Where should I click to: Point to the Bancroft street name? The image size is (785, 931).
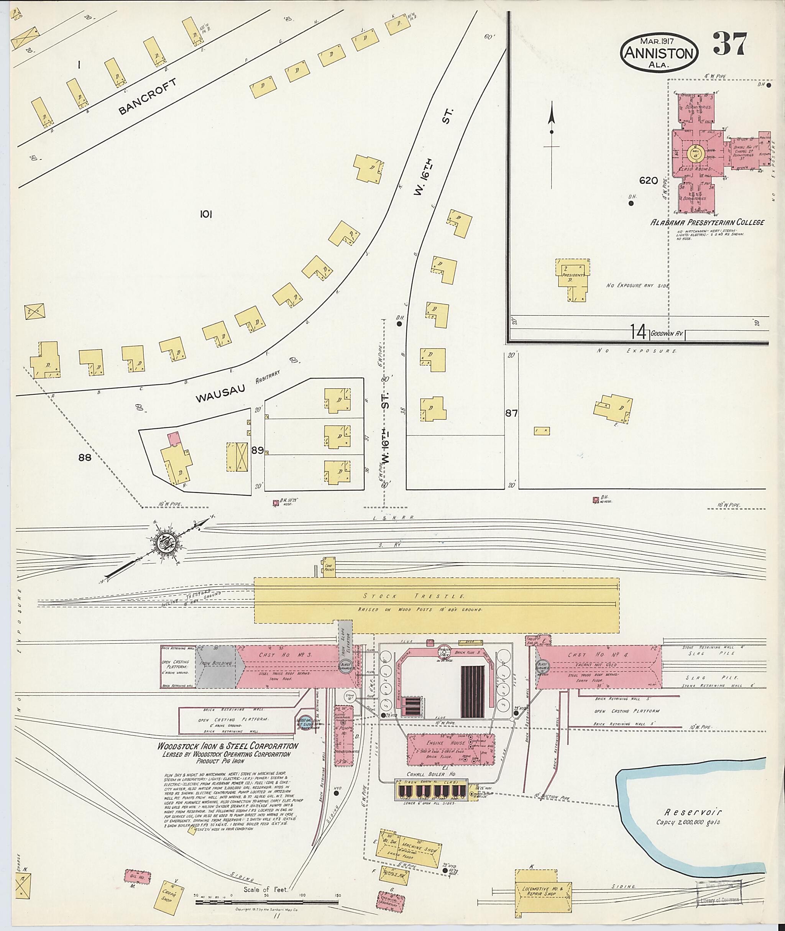point(148,97)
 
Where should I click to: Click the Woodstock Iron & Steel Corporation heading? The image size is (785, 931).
point(227,746)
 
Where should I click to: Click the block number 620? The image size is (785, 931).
point(649,181)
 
